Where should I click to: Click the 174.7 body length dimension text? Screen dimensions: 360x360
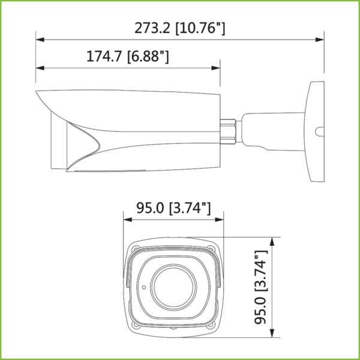pyautogui.click(x=127, y=57)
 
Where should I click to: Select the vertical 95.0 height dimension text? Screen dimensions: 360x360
pyautogui.click(x=260, y=287)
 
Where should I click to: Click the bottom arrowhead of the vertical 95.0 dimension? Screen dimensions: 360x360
pyautogui.click(x=274, y=337)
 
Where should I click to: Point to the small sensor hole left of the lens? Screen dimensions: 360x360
pyautogui.click(x=144, y=287)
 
